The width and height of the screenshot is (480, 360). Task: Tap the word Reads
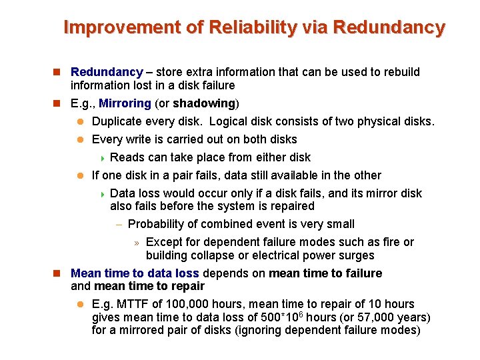pos(125,157)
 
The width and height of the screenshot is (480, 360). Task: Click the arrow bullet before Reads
pos(102,158)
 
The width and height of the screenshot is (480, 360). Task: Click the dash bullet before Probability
pos(119,225)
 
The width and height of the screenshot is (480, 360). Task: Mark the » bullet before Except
pos(136,243)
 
